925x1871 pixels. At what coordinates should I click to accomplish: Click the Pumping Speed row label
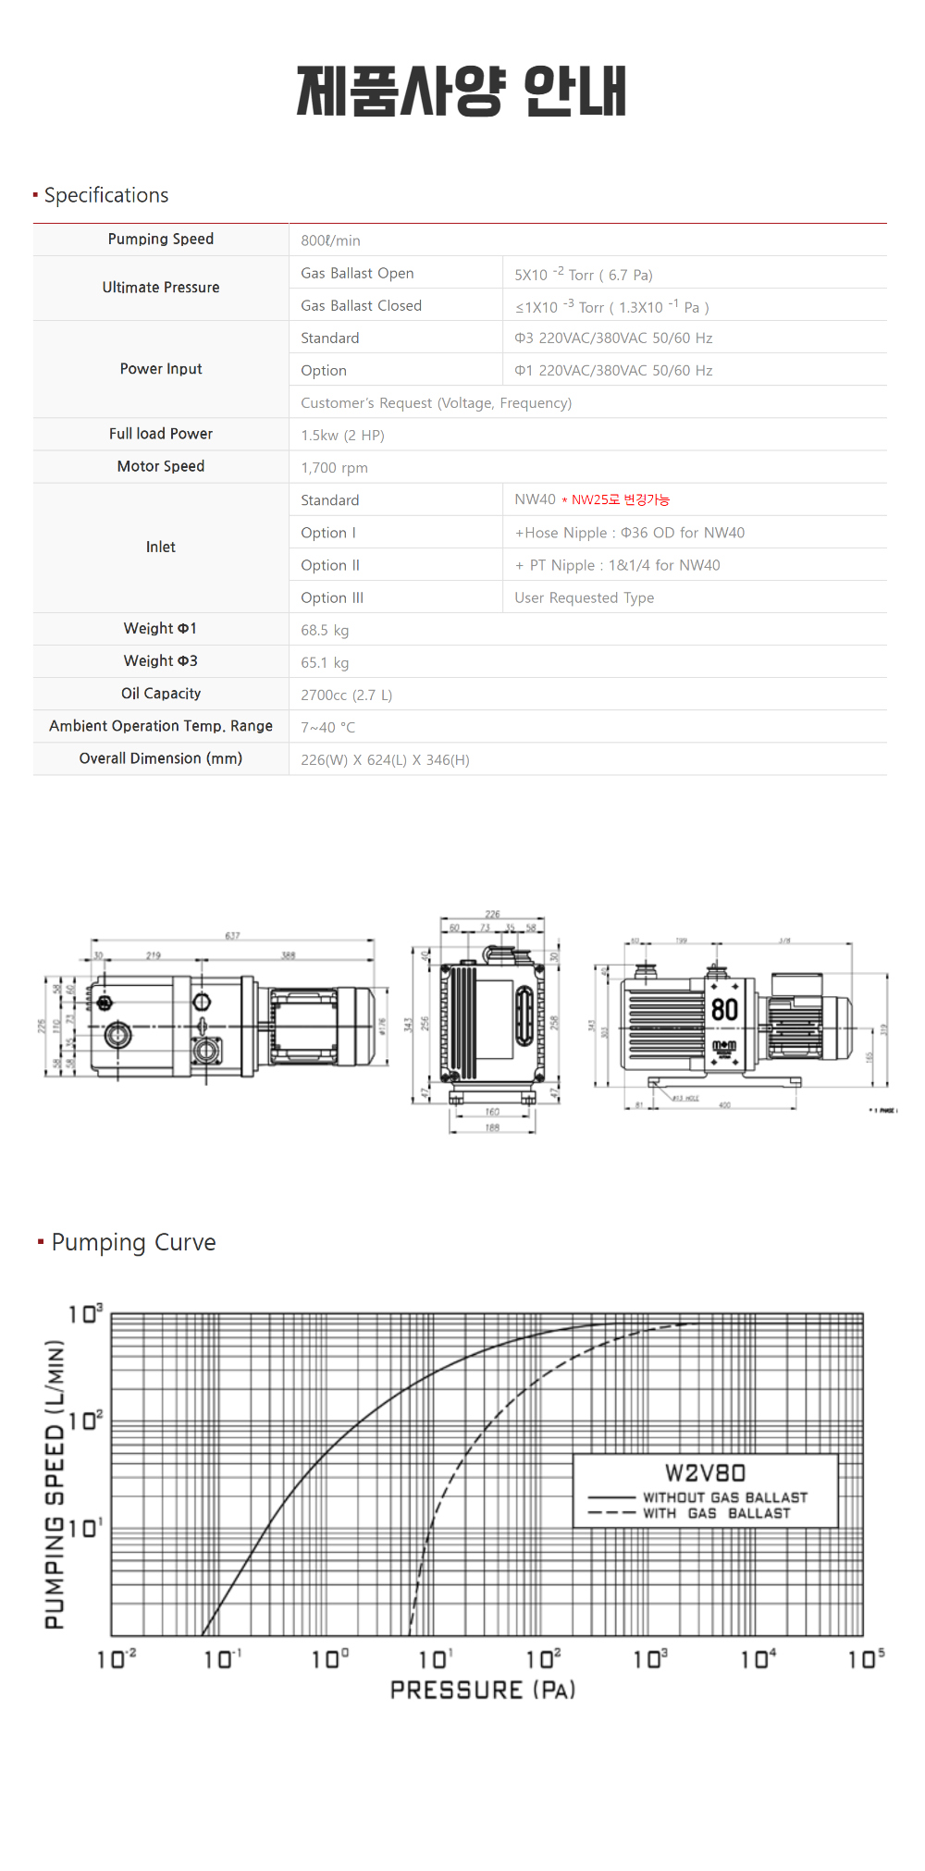(161, 240)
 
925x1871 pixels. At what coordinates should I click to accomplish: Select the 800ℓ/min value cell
(330, 240)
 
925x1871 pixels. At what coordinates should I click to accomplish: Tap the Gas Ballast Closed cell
(361, 306)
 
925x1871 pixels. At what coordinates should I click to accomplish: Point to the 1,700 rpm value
(334, 468)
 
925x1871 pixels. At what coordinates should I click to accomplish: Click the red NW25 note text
(620, 500)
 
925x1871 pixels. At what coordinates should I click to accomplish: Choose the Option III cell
(332, 598)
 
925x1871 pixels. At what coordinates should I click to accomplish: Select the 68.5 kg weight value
(325, 631)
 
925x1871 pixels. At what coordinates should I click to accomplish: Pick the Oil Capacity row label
(161, 694)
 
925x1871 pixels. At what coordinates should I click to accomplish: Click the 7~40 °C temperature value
(327, 728)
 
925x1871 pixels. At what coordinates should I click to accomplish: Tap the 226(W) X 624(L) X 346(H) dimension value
(385, 760)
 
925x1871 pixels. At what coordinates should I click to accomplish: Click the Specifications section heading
(106, 196)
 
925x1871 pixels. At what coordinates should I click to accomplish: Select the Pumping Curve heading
(133, 1242)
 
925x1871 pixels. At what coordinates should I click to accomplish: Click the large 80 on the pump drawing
(724, 1010)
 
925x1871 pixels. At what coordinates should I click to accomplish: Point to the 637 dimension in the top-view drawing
(232, 936)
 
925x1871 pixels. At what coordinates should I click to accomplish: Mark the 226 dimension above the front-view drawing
(492, 915)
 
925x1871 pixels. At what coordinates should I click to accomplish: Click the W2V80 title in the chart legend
(705, 1473)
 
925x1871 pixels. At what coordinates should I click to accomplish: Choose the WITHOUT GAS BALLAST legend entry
(725, 1497)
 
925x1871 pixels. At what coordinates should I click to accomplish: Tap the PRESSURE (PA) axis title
(483, 1691)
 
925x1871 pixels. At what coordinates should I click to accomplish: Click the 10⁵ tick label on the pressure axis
(866, 1659)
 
